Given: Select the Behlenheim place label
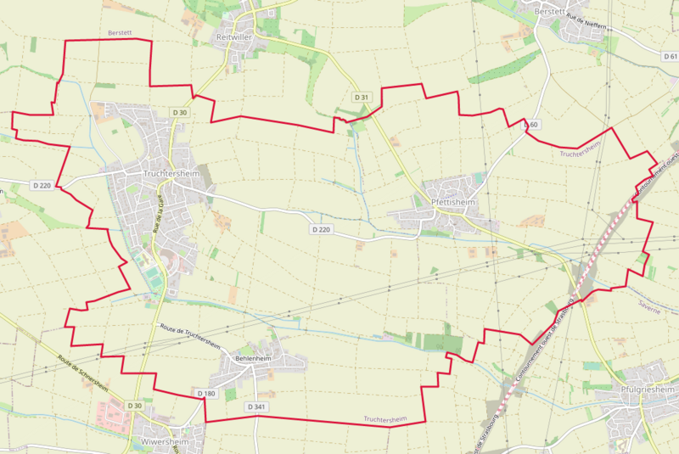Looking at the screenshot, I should click(254, 360).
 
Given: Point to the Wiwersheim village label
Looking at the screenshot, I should click(160, 442).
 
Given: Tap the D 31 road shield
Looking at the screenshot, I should click(362, 98).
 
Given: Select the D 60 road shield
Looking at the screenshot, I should click(530, 125).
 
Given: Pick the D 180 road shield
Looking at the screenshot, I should click(206, 394).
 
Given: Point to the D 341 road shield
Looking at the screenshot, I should click(257, 407).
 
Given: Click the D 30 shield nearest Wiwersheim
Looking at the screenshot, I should click(135, 406).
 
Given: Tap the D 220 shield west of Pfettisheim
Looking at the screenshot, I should click(320, 229).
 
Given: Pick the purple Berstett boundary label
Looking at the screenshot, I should click(121, 32).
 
